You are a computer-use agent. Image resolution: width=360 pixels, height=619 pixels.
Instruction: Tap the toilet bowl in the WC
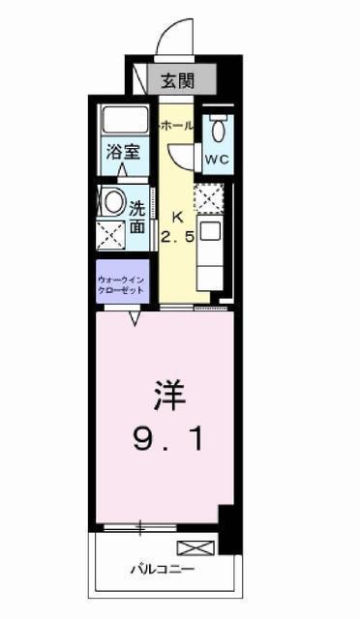(x=218, y=131)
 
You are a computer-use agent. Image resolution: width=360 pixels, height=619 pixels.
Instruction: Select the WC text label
(x=217, y=159)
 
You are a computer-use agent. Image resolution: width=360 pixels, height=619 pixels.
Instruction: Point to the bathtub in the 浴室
(x=125, y=120)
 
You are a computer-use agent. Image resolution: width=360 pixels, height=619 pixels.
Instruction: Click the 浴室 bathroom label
(x=123, y=152)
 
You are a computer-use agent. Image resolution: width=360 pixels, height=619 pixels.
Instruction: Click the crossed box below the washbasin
(x=111, y=235)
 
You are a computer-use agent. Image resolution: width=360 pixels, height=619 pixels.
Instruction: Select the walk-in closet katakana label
(x=121, y=284)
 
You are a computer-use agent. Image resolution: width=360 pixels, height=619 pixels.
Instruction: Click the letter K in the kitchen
(x=177, y=217)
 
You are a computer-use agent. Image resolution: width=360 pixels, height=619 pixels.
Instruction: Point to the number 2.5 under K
(x=177, y=237)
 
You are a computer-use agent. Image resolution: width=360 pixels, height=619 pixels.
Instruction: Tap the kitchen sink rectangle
(x=212, y=231)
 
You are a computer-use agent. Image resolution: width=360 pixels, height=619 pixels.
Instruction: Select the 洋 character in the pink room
(x=169, y=396)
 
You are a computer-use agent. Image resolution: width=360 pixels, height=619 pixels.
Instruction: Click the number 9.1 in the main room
(x=168, y=439)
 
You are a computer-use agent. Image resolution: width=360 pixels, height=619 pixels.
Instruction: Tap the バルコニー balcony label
(x=163, y=570)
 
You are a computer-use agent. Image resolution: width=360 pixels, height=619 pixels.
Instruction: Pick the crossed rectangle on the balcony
(x=196, y=548)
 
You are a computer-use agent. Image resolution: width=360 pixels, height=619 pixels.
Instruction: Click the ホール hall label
(x=176, y=126)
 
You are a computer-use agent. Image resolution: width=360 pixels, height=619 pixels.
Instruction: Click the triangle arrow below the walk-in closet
(x=135, y=318)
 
